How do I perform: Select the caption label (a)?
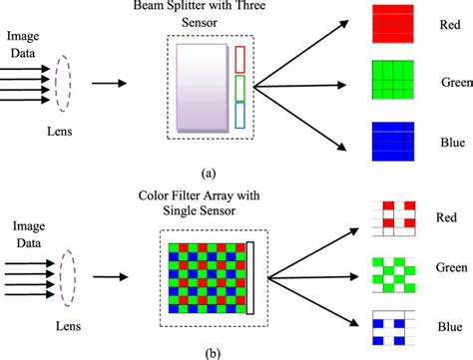click(207, 173)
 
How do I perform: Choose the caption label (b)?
click(206, 350)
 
